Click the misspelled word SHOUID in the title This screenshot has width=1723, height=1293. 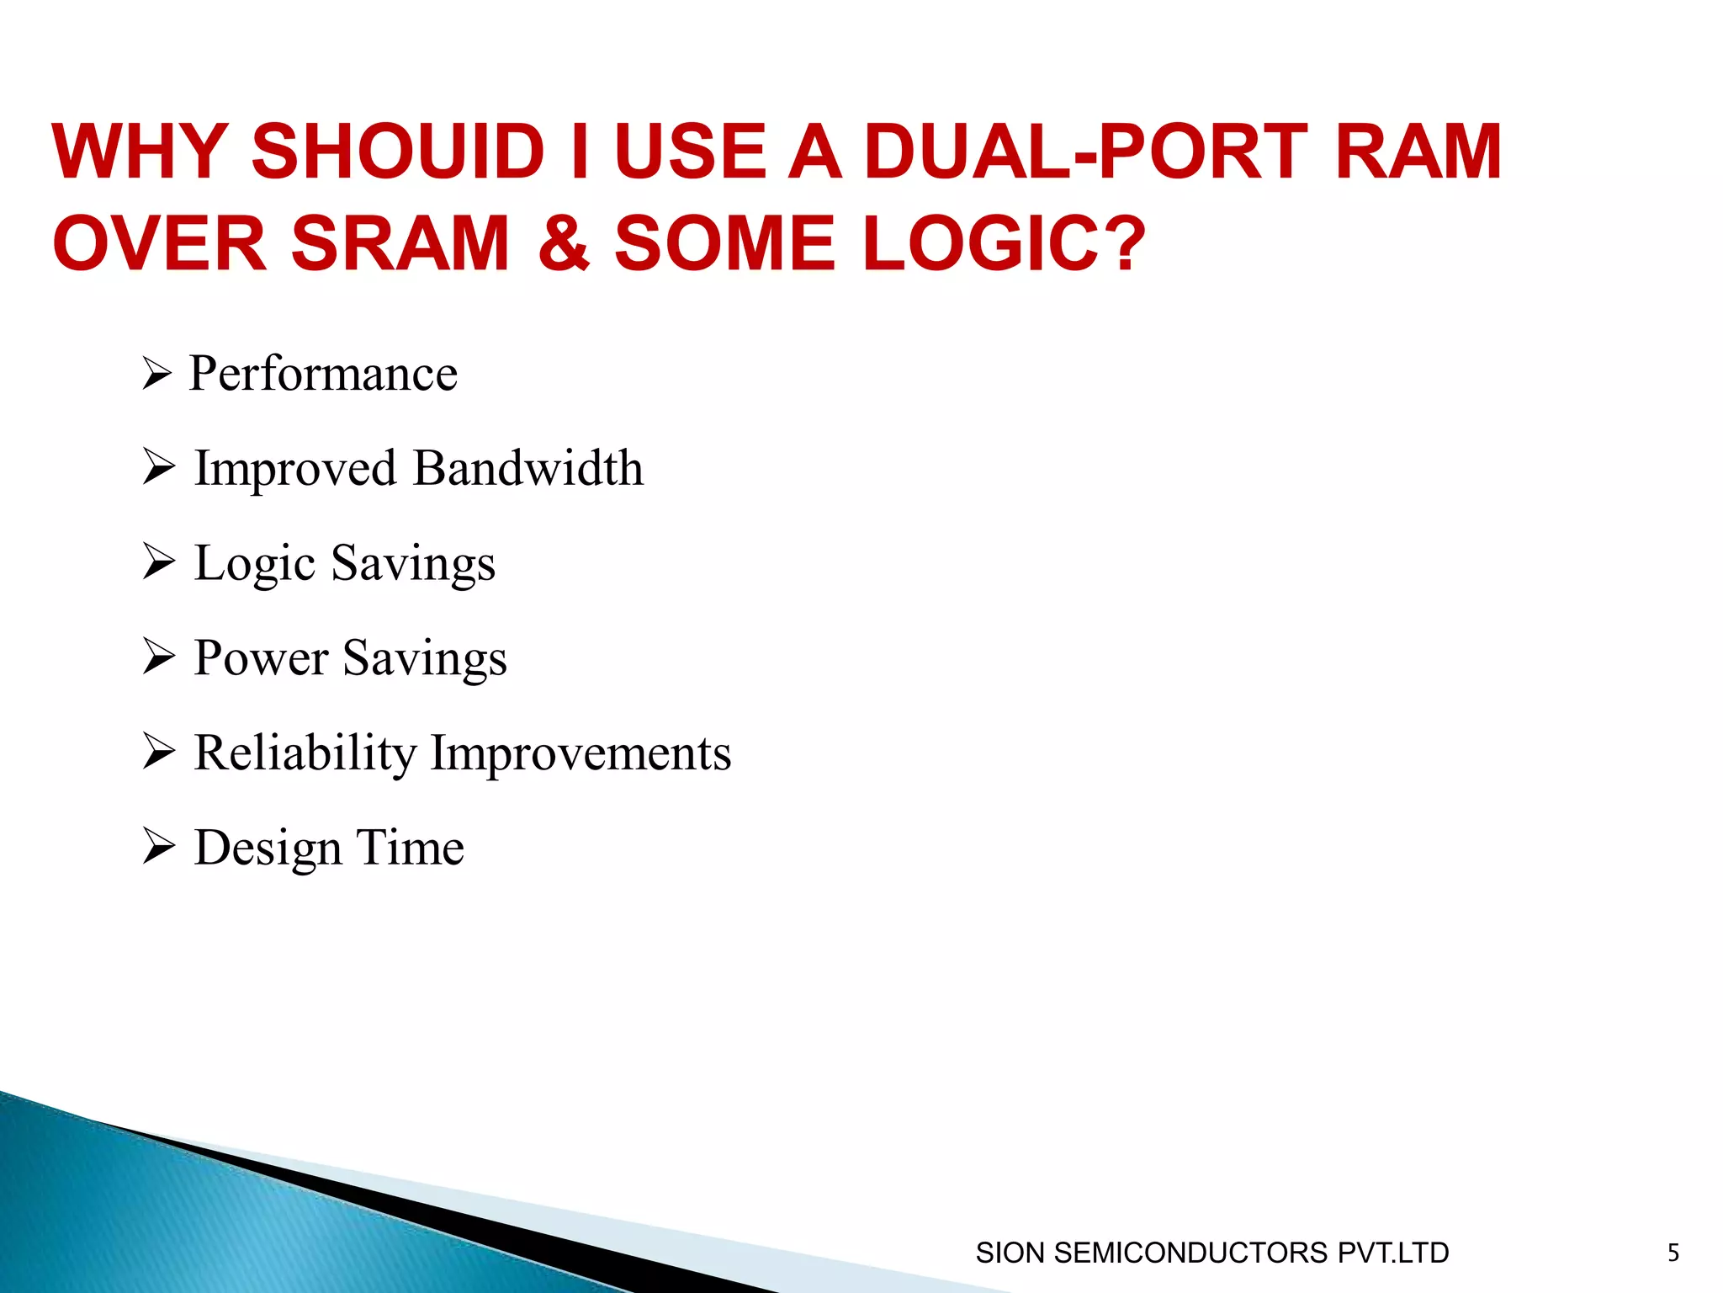pos(398,152)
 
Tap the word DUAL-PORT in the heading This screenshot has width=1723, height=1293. pos(1085,152)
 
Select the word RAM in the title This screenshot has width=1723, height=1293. pos(1418,152)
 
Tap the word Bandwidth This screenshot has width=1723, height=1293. pos(528,468)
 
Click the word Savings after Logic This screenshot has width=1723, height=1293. pos(413,564)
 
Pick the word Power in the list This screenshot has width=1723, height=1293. pos(261,657)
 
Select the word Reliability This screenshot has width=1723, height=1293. pos(305,753)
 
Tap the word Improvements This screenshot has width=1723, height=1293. pos(581,753)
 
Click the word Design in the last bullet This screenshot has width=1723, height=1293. pos(268,849)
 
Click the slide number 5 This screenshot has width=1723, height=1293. pos(1673,1253)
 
